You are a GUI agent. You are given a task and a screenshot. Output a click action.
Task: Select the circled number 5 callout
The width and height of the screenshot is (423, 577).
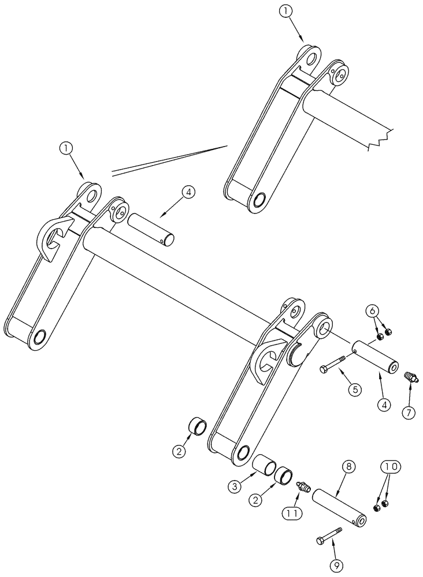355,389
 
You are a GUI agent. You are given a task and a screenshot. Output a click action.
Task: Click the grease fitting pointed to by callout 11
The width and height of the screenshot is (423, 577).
300,487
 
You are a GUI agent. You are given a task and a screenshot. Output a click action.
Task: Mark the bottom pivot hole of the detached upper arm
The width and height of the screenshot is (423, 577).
258,200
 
